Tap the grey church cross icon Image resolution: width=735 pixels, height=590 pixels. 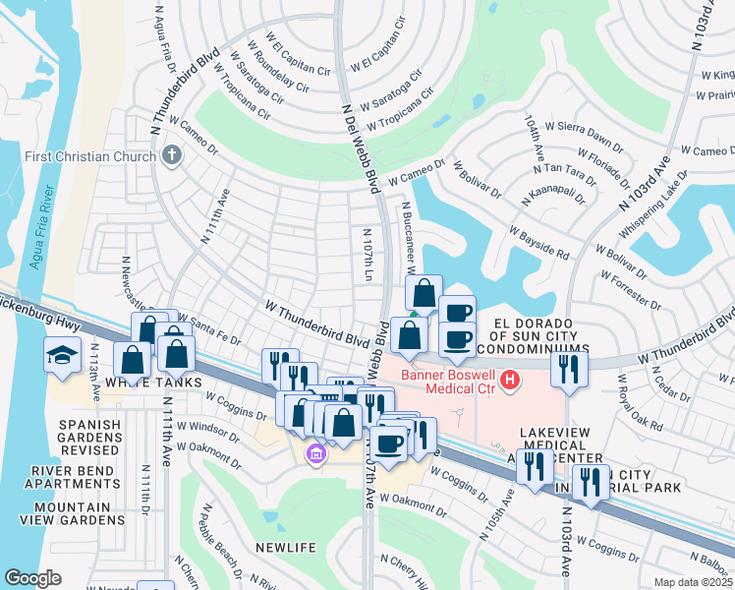[172, 155]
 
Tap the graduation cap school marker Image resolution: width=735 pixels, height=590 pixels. [62, 355]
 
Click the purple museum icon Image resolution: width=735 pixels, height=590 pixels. [314, 453]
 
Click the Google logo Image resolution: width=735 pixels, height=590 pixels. [32, 578]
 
